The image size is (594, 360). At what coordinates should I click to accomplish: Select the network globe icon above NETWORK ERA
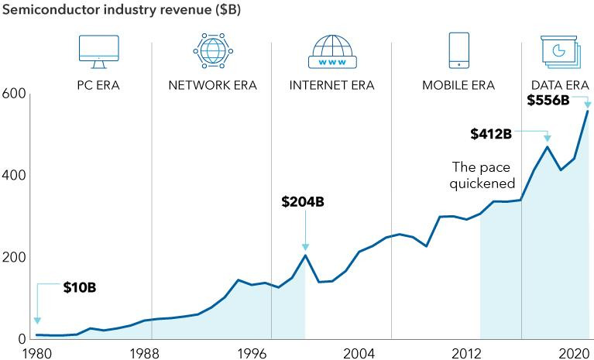click(x=212, y=50)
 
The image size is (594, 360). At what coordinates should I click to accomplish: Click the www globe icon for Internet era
click(x=331, y=51)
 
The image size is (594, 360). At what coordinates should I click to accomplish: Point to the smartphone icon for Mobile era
click(x=458, y=49)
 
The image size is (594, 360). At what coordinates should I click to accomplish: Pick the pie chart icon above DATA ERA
click(x=558, y=50)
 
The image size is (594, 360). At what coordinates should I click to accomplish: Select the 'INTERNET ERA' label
click(x=331, y=85)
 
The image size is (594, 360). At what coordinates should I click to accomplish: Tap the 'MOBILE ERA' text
click(x=458, y=85)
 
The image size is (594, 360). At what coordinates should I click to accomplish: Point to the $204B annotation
click(x=302, y=202)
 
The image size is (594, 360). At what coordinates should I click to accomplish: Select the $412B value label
click(x=491, y=134)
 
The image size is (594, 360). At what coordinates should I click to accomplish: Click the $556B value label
click(x=548, y=100)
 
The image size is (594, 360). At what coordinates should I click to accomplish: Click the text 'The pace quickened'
click(x=483, y=175)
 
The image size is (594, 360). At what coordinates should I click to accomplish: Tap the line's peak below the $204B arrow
click(x=305, y=255)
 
